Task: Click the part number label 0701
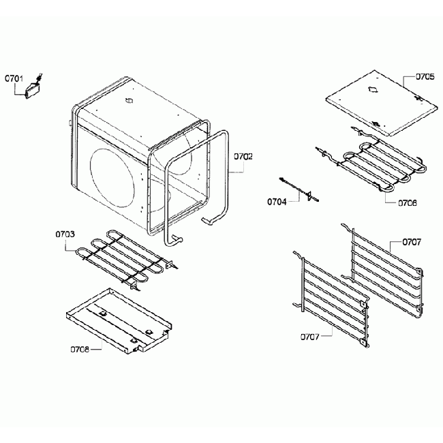pyautogui.click(x=15, y=78)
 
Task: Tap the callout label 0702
pyautogui.click(x=243, y=156)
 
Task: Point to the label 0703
pyautogui.click(x=65, y=234)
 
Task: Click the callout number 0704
pyautogui.click(x=277, y=201)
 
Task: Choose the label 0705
pyautogui.click(x=424, y=77)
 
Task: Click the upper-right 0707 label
pyautogui.click(x=411, y=242)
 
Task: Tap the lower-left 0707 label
pyautogui.click(x=309, y=336)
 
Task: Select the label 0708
pyautogui.click(x=79, y=350)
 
